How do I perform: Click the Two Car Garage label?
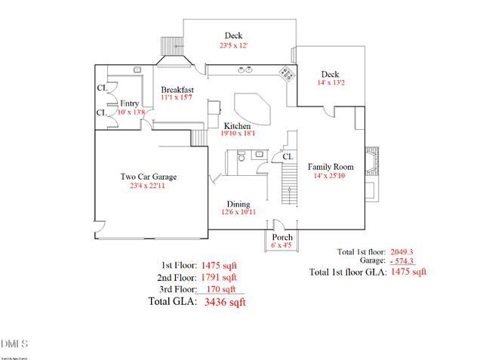[x=149, y=177]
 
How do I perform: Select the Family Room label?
[x=330, y=166]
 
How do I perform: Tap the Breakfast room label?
[x=178, y=89]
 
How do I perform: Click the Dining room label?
[x=239, y=204]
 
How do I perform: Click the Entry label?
[x=129, y=103]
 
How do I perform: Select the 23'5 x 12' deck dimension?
[x=233, y=45]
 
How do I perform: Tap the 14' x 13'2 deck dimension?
[x=330, y=84]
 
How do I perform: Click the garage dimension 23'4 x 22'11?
[x=149, y=186]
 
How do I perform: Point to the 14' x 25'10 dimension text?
[x=330, y=176]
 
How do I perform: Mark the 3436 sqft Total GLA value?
[x=225, y=302]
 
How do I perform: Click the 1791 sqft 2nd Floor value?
[x=219, y=277]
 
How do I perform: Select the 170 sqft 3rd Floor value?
[x=217, y=289]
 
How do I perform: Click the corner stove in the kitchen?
[x=287, y=73]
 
